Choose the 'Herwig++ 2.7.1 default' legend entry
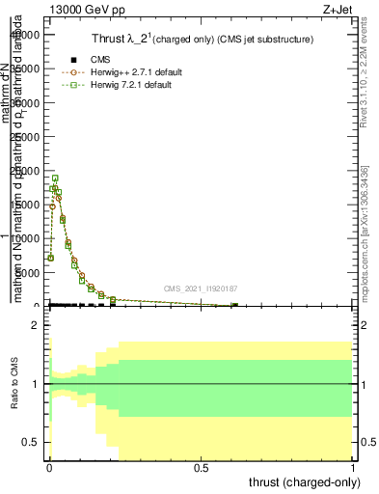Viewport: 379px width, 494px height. point(126,72)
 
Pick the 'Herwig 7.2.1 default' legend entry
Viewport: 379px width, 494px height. point(123,85)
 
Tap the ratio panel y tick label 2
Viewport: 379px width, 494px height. point(35,325)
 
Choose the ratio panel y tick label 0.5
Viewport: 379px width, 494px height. point(31,442)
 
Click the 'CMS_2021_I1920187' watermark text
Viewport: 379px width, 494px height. point(200,288)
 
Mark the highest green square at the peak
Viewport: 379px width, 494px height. point(56,178)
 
